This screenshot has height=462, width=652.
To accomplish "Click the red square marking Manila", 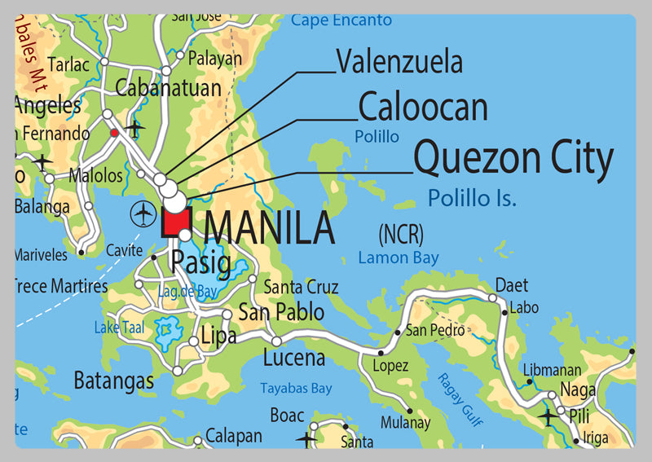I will pyautogui.click(x=176, y=222).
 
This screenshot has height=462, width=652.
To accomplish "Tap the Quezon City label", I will pyautogui.click(x=513, y=159).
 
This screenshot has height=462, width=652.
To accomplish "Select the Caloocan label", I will pyautogui.click(x=423, y=108).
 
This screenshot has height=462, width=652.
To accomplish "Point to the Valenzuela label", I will pyautogui.click(x=399, y=61).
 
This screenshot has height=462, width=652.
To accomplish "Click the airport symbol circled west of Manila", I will pyautogui.click(x=143, y=215).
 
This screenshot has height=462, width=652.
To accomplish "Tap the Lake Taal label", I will pyautogui.click(x=118, y=328).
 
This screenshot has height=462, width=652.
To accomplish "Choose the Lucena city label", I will pyautogui.click(x=294, y=357).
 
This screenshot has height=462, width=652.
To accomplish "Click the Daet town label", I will pyautogui.click(x=512, y=285).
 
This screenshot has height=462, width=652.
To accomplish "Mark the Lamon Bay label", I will pyautogui.click(x=399, y=258).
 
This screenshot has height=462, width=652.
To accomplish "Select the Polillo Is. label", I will pyautogui.click(x=473, y=197).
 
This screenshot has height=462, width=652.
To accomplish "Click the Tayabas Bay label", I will pyautogui.click(x=295, y=389).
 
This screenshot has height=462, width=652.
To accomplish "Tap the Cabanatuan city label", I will pyautogui.click(x=169, y=87).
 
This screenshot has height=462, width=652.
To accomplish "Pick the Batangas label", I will pyautogui.click(x=113, y=381).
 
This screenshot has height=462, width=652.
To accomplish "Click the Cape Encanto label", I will pyautogui.click(x=341, y=20).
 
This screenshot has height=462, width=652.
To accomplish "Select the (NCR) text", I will pyautogui.click(x=401, y=235).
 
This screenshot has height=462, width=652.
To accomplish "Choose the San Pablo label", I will pyautogui.click(x=280, y=312).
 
